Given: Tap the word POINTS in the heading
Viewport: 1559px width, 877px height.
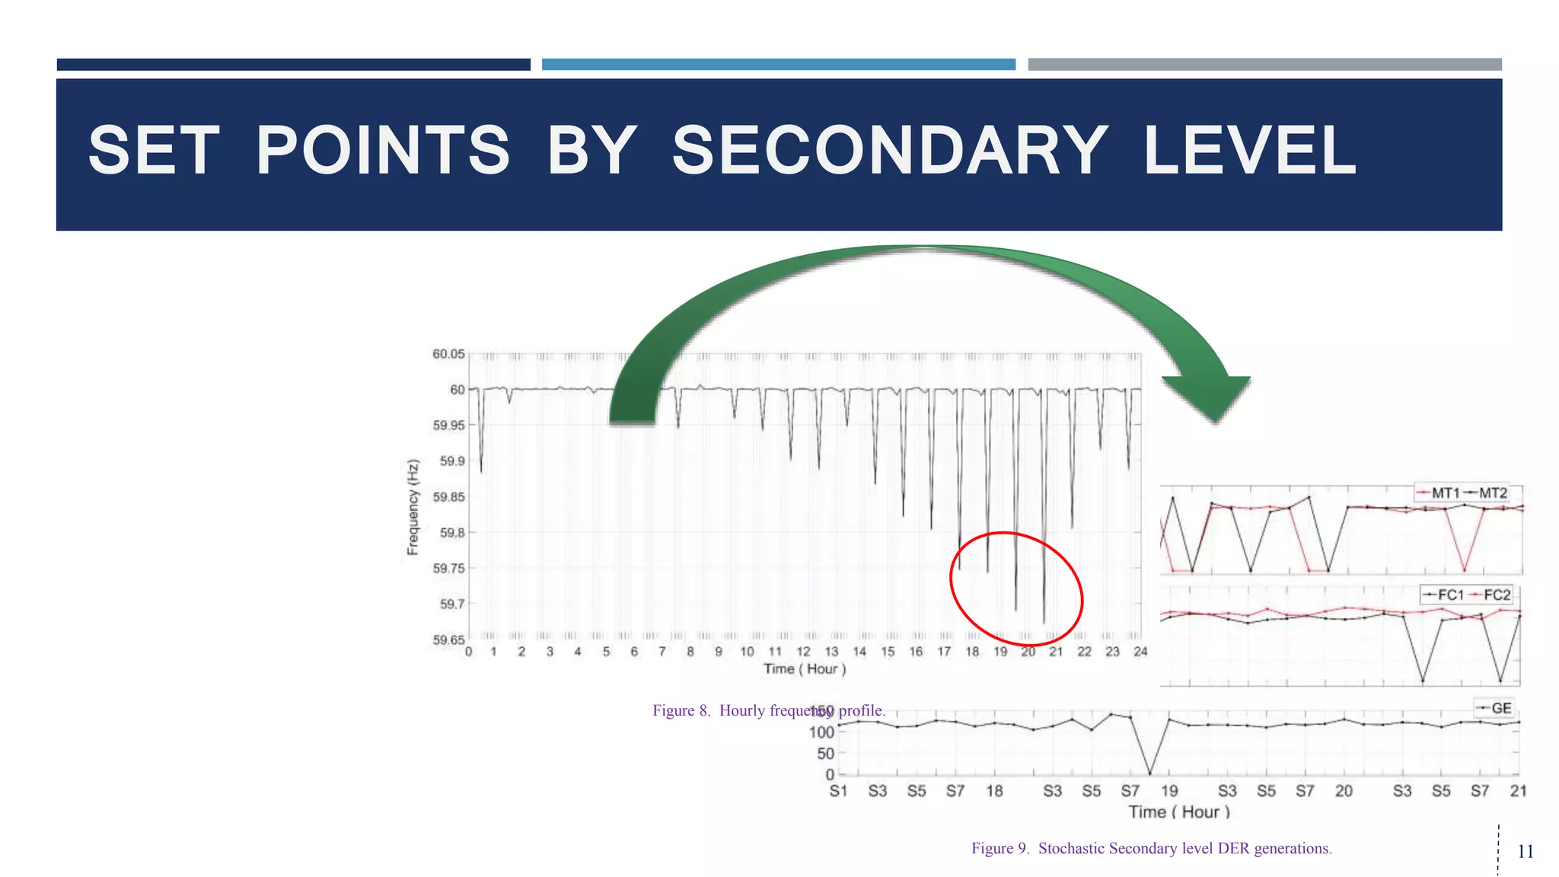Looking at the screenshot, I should [383, 151].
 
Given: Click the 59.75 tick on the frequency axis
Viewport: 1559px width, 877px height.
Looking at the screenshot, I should [448, 569].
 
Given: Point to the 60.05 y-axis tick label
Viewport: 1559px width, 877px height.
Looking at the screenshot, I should [448, 354].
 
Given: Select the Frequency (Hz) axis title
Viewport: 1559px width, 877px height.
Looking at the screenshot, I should [413, 507].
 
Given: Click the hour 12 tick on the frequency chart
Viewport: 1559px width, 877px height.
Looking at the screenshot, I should [803, 652].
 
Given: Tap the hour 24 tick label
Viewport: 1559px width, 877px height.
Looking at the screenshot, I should [1140, 652].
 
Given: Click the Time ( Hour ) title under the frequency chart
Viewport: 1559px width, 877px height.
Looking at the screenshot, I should [805, 669].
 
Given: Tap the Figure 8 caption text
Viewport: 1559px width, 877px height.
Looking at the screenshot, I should [769, 710].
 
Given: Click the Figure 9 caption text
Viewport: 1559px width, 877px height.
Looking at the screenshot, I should [1151, 848].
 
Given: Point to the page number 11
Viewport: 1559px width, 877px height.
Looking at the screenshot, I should [1526, 851].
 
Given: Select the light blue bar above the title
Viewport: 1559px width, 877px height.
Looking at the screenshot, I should [778, 65].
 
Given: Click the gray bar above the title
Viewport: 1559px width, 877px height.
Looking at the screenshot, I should [1264, 65].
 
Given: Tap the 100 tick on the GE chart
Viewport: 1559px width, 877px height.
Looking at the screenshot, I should [821, 732].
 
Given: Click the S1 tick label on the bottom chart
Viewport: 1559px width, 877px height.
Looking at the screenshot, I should [838, 791].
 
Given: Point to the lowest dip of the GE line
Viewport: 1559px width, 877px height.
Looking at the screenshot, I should [1149, 773].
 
